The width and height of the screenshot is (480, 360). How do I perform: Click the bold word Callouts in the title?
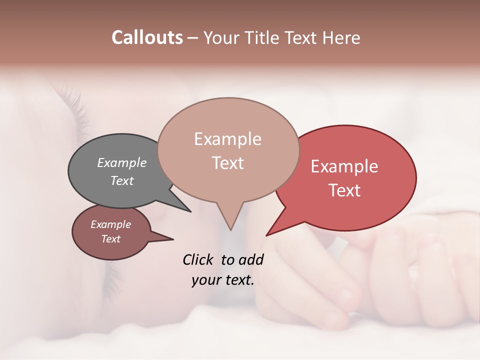point(147,37)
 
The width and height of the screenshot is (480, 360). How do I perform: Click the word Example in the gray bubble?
point(122,162)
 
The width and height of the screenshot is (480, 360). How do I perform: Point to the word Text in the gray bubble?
point(122,180)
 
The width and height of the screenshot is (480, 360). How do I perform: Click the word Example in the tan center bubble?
point(227,139)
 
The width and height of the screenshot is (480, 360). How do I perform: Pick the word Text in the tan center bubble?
point(227,163)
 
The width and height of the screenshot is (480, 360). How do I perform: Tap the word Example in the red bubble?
point(344,166)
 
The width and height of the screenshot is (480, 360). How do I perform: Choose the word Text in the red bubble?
point(344,190)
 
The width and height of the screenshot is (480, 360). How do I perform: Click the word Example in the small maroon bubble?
point(110,224)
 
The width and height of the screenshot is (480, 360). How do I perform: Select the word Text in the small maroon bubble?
point(110,239)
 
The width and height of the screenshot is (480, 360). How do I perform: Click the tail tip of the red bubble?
point(266,235)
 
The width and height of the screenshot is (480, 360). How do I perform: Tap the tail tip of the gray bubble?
point(190,211)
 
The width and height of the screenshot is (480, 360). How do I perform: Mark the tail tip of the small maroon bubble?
point(173,239)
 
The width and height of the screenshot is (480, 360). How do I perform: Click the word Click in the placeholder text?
point(199,259)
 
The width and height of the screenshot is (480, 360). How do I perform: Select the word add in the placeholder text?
point(251,259)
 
